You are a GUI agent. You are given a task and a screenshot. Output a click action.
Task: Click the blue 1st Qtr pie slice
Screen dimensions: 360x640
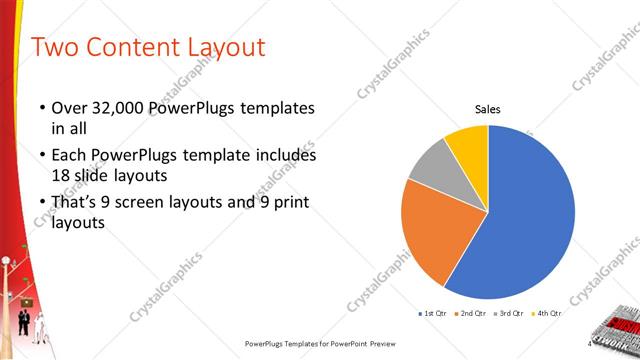pyautogui.click(x=530, y=215)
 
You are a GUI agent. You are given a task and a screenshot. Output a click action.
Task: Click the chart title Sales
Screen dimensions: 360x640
pyautogui.click(x=487, y=110)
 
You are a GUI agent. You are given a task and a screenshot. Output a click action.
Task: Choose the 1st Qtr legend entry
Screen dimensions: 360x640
pyautogui.click(x=432, y=313)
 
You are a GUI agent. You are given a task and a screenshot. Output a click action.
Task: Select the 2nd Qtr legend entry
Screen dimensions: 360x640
pyautogui.click(x=472, y=313)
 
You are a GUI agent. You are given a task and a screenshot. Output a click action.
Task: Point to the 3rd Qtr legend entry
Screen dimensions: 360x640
pyautogui.click(x=512, y=313)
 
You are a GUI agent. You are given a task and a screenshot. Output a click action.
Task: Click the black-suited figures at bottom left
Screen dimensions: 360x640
pyautogui.click(x=24, y=322)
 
